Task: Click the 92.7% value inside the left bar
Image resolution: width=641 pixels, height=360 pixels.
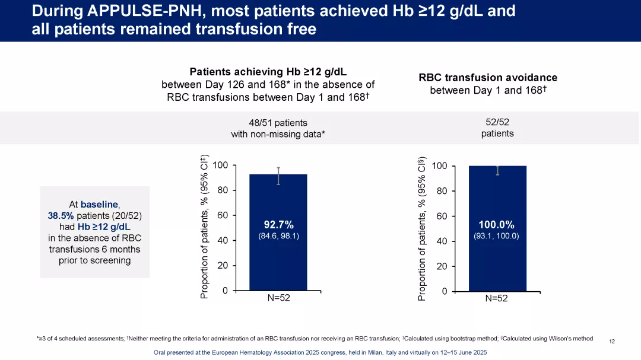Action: [278, 224]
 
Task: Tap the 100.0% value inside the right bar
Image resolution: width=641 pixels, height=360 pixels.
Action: [496, 225]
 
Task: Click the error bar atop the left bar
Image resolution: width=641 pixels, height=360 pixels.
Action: [278, 176]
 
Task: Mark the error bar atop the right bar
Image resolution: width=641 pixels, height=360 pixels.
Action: [497, 171]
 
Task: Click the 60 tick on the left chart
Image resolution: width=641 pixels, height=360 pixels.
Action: [223, 215]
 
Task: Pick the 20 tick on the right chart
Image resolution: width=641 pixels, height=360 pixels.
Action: [442, 266]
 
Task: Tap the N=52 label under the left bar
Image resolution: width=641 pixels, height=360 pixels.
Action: [278, 298]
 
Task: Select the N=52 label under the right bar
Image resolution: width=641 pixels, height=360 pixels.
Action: [496, 298]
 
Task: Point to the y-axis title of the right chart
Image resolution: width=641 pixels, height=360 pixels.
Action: [422, 228]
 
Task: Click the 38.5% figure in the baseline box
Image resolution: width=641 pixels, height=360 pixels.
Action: [60, 216]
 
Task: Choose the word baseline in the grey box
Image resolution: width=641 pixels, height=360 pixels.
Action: [99, 204]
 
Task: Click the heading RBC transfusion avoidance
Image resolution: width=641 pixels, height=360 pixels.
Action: [488, 78]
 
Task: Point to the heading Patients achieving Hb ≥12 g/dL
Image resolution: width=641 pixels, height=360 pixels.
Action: [268, 72]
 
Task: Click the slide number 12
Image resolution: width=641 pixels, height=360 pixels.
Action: [612, 341]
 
